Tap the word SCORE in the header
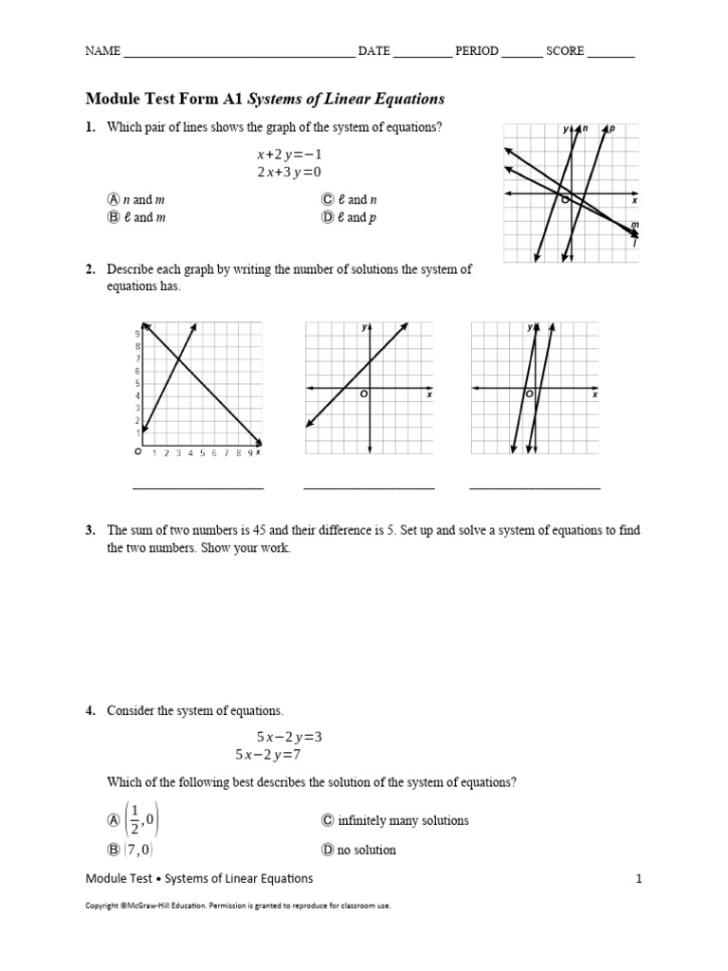pyautogui.click(x=565, y=51)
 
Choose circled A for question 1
pyautogui.click(x=114, y=200)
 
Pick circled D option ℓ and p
pyautogui.click(x=328, y=217)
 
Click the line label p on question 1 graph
pyautogui.click(x=611, y=128)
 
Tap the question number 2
pyautogui.click(x=90, y=269)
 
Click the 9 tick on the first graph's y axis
pyautogui.click(x=138, y=334)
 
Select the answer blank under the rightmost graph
pyautogui.click(x=535, y=487)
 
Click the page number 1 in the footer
pyautogui.click(x=639, y=879)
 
